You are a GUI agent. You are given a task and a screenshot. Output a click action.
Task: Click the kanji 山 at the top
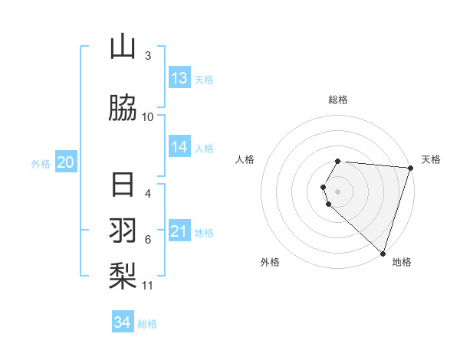tap(123, 47)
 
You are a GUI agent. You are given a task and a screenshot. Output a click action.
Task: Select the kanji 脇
tap(123, 109)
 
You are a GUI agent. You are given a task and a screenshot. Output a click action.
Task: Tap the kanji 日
tap(123, 186)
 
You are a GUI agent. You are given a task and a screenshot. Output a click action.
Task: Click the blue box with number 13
tap(179, 78)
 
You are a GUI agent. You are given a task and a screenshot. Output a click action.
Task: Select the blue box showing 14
tap(179, 147)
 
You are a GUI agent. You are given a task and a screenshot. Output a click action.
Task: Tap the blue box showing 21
tap(179, 231)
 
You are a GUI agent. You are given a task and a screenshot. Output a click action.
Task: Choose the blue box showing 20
tap(66, 162)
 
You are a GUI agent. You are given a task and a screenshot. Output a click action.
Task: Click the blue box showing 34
tap(123, 322)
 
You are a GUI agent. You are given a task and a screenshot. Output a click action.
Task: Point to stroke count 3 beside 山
tap(148, 56)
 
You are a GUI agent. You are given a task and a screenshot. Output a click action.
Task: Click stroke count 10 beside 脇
tap(148, 117)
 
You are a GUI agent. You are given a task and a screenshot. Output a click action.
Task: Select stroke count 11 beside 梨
tap(148, 286)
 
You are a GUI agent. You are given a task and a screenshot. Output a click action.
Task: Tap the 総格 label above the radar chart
tap(338, 100)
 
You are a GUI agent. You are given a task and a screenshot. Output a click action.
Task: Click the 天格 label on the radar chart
tap(432, 159)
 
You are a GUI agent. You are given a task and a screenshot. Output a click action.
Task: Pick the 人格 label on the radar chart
tap(245, 159)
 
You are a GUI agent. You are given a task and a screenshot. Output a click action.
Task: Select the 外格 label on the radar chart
tap(270, 262)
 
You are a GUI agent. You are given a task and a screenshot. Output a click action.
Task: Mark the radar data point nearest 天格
tap(410, 168)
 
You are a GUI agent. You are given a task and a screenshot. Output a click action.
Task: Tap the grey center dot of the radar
tap(338, 191)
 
